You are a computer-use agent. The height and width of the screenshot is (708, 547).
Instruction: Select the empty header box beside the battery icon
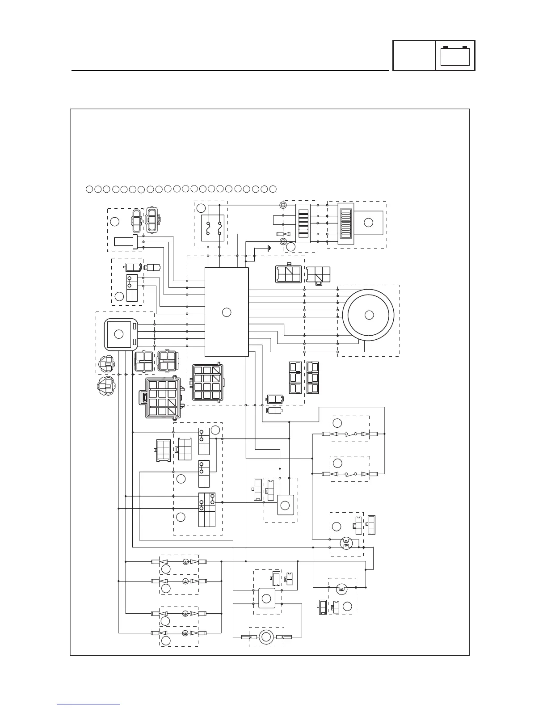[414, 56]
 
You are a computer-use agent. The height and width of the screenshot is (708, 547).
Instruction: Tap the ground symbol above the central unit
[268, 248]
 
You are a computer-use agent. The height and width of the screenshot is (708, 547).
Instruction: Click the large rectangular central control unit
[226, 312]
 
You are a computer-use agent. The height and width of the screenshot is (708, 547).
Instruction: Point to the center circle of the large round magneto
[369, 315]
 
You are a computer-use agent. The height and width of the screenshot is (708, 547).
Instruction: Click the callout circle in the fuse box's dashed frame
[202, 208]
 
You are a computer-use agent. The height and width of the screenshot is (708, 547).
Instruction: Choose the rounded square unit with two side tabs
[119, 334]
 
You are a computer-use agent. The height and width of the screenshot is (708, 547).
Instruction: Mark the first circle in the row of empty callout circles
[88, 189]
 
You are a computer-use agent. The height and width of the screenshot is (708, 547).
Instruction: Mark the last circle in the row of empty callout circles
[273, 189]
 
